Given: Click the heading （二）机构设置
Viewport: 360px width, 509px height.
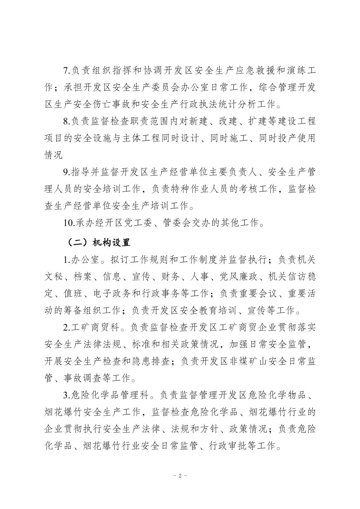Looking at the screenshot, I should click(x=98, y=242).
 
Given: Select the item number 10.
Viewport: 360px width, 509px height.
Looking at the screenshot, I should click(x=69, y=223).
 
